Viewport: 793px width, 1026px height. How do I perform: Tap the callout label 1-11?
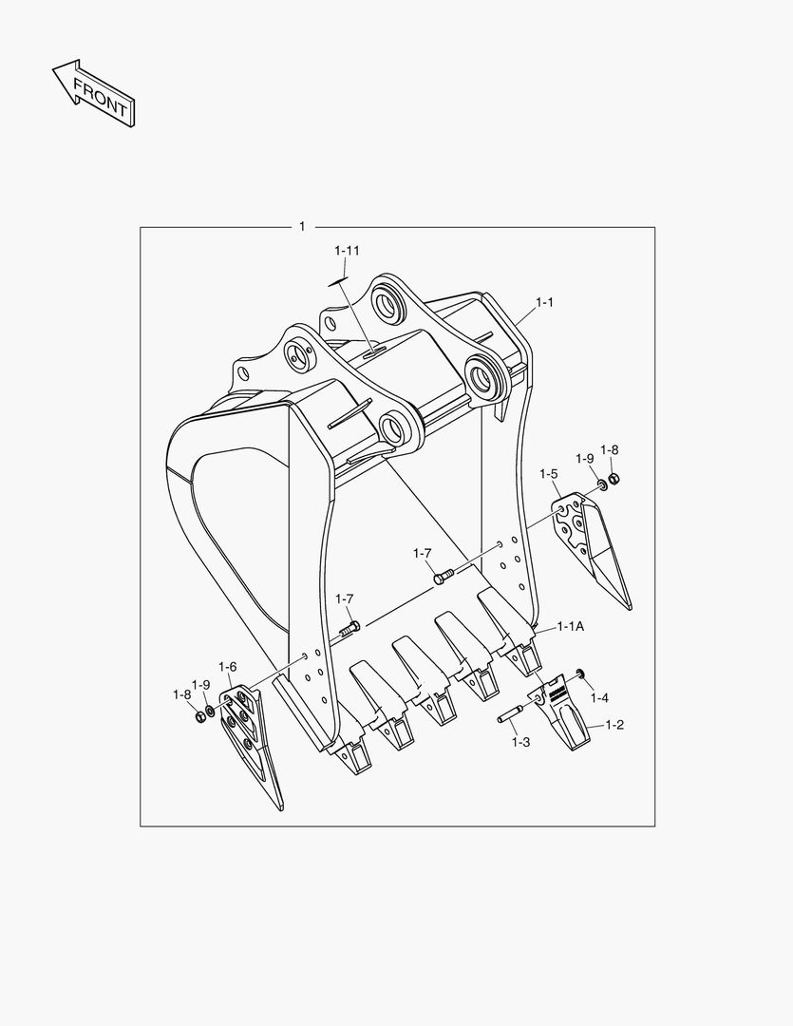(347, 251)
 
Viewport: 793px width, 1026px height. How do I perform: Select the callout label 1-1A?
(570, 626)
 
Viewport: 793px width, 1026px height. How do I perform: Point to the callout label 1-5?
(548, 473)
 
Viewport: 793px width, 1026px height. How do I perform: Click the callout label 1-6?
(228, 667)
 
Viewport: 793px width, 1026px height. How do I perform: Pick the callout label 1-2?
(614, 725)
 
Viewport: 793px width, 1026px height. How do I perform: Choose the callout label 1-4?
(598, 698)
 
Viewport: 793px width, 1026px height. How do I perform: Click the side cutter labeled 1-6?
(250, 740)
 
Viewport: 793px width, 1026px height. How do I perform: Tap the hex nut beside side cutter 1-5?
(614, 477)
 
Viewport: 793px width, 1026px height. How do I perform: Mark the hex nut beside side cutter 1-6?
(199, 715)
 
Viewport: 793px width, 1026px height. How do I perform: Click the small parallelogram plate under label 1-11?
(338, 281)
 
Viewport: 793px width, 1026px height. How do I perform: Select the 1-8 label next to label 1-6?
(181, 694)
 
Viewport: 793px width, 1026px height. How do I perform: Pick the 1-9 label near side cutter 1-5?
(584, 458)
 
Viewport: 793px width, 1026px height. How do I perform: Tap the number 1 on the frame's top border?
(302, 226)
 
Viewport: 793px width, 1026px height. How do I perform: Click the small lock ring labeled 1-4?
(578, 674)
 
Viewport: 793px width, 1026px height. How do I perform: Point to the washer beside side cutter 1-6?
(210, 711)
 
